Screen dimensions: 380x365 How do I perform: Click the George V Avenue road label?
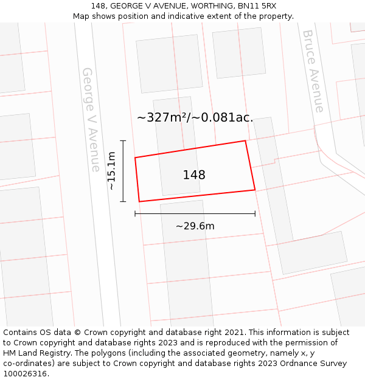(91, 119)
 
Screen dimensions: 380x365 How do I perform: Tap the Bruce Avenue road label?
(313, 71)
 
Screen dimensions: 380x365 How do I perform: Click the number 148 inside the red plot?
(194, 175)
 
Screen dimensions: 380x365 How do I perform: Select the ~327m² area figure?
(163, 117)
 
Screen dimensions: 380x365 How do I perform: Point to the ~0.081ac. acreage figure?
(223, 117)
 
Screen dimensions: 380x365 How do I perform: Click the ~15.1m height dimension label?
(112, 171)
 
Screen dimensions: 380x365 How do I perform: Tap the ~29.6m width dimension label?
(195, 226)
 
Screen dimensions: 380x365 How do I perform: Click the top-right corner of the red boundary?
(245, 141)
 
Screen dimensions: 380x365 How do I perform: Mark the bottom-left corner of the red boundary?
(139, 201)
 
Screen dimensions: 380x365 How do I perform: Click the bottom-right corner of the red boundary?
(255, 190)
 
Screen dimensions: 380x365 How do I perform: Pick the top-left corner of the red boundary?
(135, 157)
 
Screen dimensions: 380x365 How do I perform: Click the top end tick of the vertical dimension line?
(123, 141)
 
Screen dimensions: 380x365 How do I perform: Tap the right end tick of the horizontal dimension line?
(255, 213)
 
